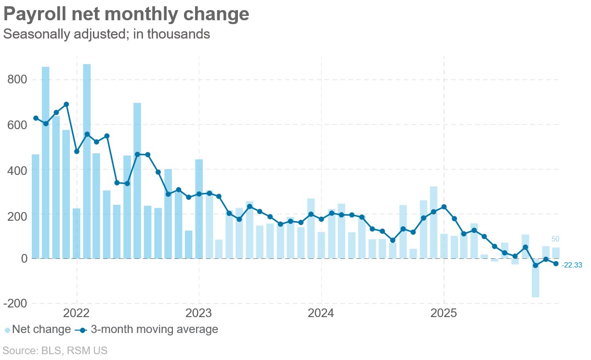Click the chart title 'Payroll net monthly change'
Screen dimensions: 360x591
click(x=126, y=14)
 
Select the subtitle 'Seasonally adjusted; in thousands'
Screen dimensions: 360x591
click(x=106, y=34)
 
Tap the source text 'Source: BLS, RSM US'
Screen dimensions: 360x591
click(x=55, y=350)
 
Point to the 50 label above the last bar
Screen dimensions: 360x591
click(x=555, y=239)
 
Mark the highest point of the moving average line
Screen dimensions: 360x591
click(x=66, y=104)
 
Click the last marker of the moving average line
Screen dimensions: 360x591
click(x=556, y=264)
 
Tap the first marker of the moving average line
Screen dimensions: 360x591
click(x=36, y=118)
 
